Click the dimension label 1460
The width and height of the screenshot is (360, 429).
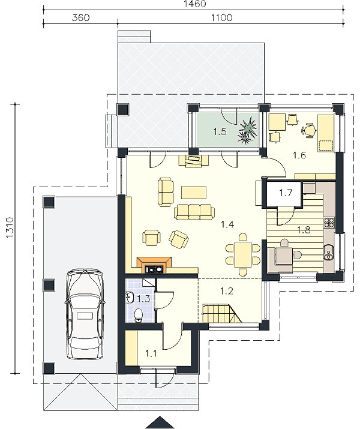(x=196, y=4)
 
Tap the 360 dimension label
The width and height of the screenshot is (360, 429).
(x=80, y=18)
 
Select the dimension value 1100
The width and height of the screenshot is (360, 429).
(x=222, y=18)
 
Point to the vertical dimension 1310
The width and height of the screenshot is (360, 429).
(x=10, y=227)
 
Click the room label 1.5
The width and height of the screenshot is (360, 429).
(x=220, y=131)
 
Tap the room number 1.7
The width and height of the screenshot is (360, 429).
(x=286, y=193)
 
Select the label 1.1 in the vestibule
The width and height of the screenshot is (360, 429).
(x=151, y=353)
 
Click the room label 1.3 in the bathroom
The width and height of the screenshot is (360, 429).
(x=143, y=299)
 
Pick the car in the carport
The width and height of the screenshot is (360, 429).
(x=85, y=314)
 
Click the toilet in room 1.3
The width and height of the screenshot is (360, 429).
(x=139, y=316)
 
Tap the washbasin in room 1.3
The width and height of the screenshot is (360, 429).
(x=130, y=298)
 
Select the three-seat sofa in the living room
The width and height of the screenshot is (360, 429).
(x=194, y=212)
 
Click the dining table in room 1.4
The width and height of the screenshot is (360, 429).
(x=243, y=254)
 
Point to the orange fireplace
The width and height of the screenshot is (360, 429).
(x=154, y=265)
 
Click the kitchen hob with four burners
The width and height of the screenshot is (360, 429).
(x=329, y=223)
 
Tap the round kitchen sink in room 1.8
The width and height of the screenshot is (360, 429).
(x=328, y=253)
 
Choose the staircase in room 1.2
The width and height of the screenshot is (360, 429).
(x=222, y=313)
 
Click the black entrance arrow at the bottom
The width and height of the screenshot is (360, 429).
(x=160, y=423)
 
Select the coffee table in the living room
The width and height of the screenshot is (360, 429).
(x=194, y=192)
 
